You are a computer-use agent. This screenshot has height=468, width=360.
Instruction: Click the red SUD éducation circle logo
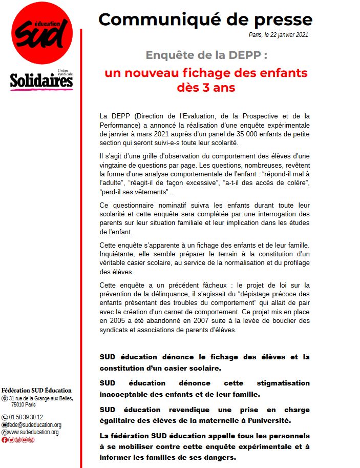click(x=42, y=33)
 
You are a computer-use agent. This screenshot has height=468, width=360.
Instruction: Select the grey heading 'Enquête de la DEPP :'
click(x=206, y=55)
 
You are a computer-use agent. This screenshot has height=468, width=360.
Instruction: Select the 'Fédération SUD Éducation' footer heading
click(x=37, y=390)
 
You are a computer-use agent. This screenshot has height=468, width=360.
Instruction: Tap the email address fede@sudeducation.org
click(x=34, y=425)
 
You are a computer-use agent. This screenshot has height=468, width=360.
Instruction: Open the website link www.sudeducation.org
click(x=33, y=432)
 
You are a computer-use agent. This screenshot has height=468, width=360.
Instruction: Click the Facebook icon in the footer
click(x=5, y=440)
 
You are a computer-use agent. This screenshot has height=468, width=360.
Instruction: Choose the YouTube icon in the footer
click(x=25, y=440)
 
